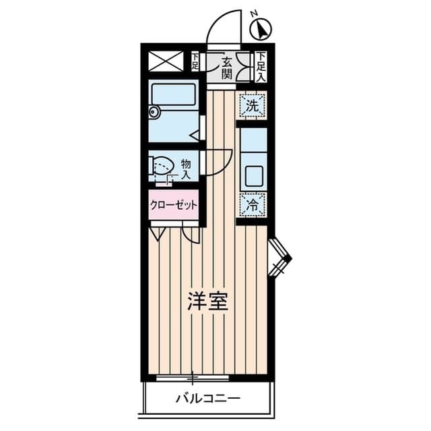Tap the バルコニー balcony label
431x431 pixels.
pyautogui.click(x=208, y=398)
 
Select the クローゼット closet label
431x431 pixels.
pyautogui.click(x=174, y=205)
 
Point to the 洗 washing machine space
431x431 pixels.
pyautogui.click(x=252, y=106)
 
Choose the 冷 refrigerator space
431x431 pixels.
pyautogui.click(x=252, y=204)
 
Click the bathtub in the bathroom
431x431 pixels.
pyautogui.click(x=174, y=95)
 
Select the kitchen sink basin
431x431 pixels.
pyautogui.click(x=254, y=177)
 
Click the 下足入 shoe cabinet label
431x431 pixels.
pyautogui.click(x=261, y=67)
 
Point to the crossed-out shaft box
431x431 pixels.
pyautogui.click(x=166, y=61)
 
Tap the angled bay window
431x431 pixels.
pyautogui.click(x=279, y=258)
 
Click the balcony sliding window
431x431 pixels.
pyautogui.click(x=193, y=378)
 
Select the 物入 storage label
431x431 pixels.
pyautogui.click(x=186, y=169)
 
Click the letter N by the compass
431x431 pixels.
pyautogui.click(x=255, y=13)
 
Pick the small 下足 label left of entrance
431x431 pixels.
pyautogui.click(x=195, y=61)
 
